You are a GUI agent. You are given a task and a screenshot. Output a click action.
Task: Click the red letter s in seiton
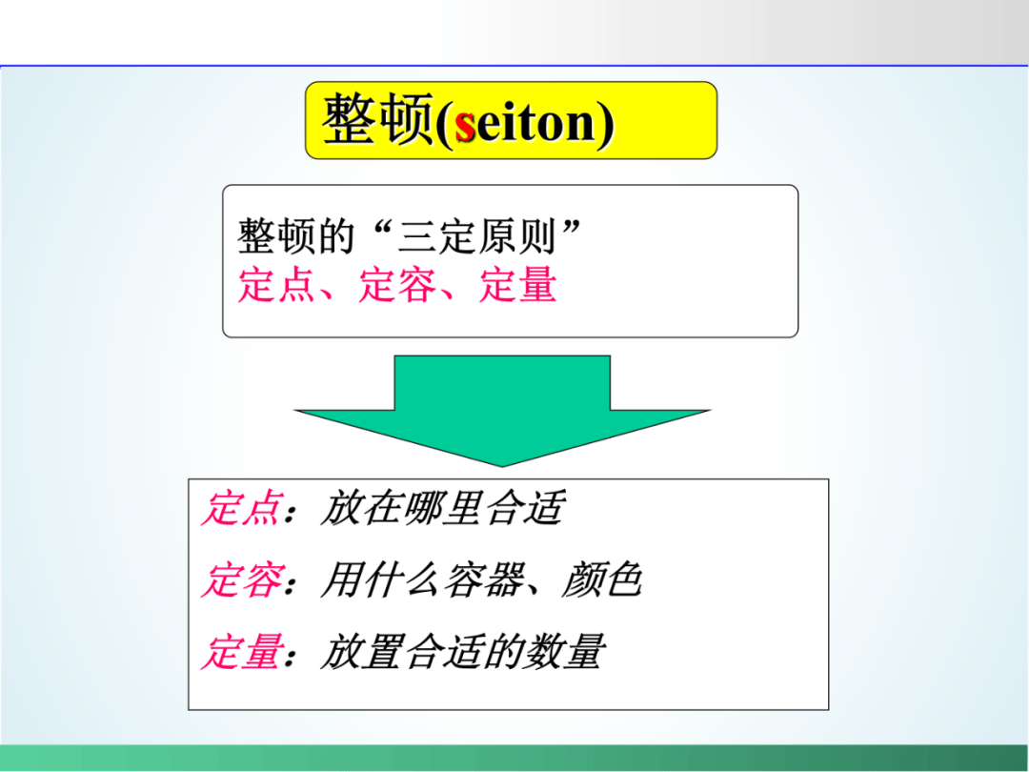point(465,125)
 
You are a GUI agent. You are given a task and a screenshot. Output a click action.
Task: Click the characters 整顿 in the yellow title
point(377,119)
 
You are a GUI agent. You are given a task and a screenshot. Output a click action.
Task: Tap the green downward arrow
point(502,411)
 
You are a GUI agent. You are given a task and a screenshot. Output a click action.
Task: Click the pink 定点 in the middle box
point(276,286)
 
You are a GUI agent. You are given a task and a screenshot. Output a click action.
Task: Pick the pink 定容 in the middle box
point(397,286)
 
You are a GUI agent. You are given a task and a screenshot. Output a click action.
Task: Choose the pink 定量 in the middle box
point(517,286)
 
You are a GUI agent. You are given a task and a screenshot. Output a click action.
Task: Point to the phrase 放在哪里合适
point(442,508)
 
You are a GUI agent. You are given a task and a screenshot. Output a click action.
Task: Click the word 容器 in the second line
point(484,580)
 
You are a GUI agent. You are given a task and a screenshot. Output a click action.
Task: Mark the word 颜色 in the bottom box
point(602,580)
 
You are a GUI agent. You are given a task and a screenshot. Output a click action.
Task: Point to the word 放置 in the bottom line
point(360,652)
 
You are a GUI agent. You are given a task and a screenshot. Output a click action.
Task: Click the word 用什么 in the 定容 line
point(381,580)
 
